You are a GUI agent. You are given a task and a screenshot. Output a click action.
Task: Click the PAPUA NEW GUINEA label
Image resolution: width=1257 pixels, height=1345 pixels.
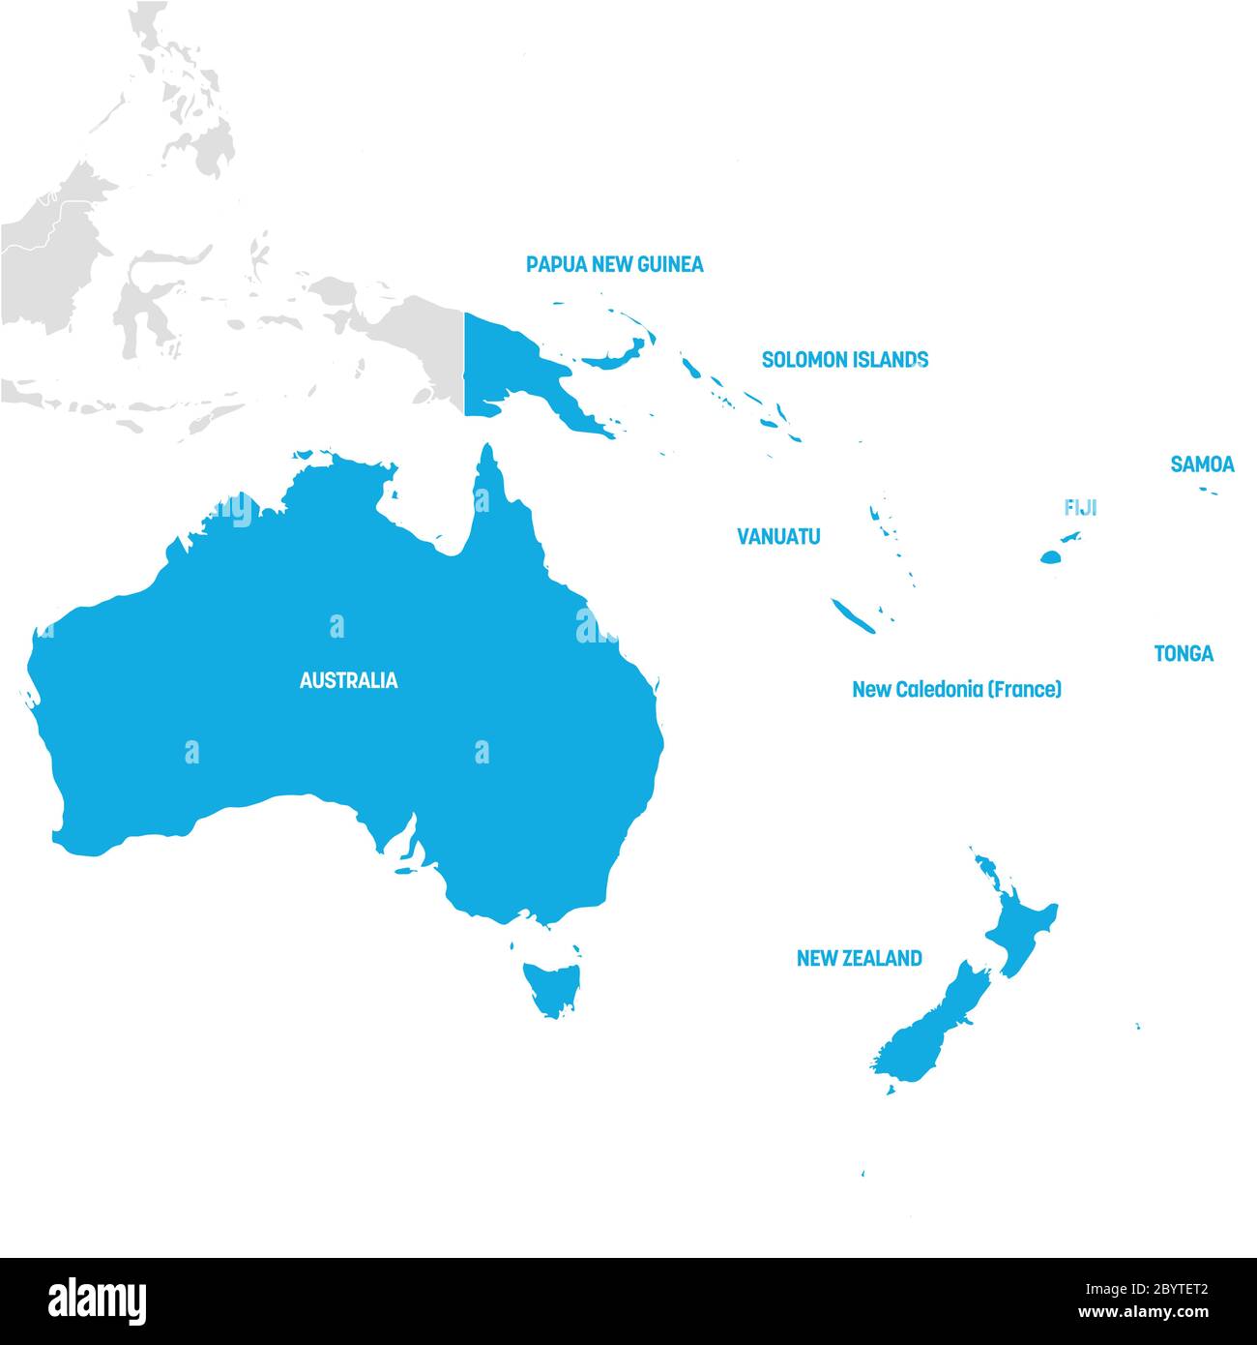coord(614,264)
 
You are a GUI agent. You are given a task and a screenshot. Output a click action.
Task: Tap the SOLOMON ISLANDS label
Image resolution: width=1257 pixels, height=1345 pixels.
coord(844,360)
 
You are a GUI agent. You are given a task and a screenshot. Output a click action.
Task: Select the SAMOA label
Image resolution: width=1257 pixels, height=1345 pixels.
coord(1202,464)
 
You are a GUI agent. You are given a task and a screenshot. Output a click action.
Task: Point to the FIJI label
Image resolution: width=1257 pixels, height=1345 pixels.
coord(1080,508)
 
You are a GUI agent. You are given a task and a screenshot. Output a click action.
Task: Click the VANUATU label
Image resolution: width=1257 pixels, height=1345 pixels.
coord(778,536)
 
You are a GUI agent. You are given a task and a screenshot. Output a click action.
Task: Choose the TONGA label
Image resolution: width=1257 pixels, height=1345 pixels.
coord(1183,654)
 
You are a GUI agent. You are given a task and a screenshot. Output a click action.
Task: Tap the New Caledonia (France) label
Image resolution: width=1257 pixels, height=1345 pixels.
coord(956,690)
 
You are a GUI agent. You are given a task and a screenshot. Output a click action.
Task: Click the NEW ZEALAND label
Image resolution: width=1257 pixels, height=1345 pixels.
coord(859,959)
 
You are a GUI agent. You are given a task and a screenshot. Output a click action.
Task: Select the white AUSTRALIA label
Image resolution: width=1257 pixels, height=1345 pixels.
coord(348,681)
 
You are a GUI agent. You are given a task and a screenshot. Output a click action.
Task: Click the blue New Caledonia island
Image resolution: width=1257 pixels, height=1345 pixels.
coord(853,615)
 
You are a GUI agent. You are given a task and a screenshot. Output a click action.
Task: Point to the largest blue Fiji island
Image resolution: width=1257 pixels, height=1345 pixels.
coord(1051,556)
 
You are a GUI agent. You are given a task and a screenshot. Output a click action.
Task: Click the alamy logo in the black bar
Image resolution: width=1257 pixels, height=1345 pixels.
coord(97,1300)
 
